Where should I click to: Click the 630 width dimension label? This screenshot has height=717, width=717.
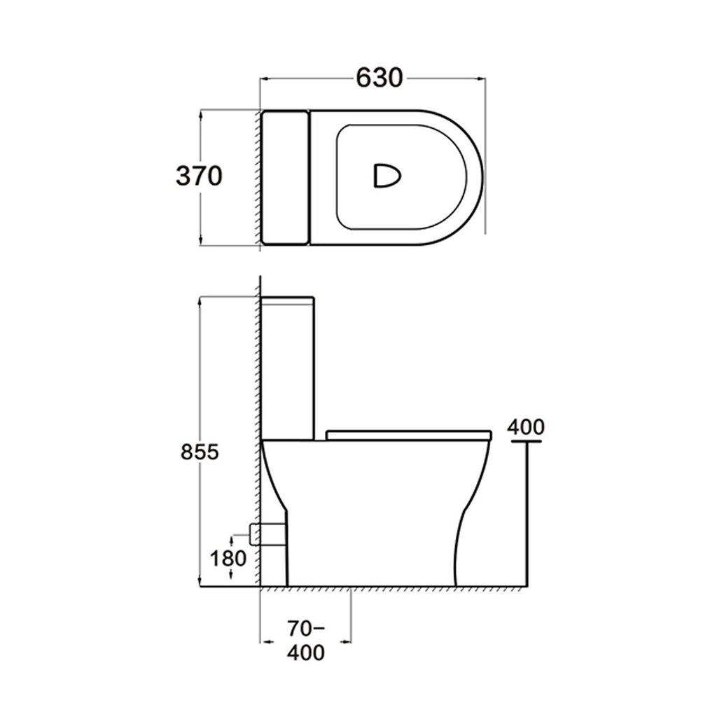380,78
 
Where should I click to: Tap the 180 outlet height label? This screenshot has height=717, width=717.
229,558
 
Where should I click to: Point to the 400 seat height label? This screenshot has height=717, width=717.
525,426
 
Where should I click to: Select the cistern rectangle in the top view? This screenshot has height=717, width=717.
285,177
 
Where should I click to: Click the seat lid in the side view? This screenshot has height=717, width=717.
409,434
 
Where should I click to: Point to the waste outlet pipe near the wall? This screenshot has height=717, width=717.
268,534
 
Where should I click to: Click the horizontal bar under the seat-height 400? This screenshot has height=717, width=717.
526,442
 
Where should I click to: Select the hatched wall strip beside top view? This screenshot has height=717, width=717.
256,177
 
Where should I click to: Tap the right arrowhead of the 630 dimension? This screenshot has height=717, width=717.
482,78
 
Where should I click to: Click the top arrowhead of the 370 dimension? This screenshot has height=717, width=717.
201,112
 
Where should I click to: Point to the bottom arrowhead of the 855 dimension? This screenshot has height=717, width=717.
201,583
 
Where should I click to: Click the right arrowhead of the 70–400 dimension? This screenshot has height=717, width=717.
347,640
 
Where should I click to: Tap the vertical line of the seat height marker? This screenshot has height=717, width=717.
527,515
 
